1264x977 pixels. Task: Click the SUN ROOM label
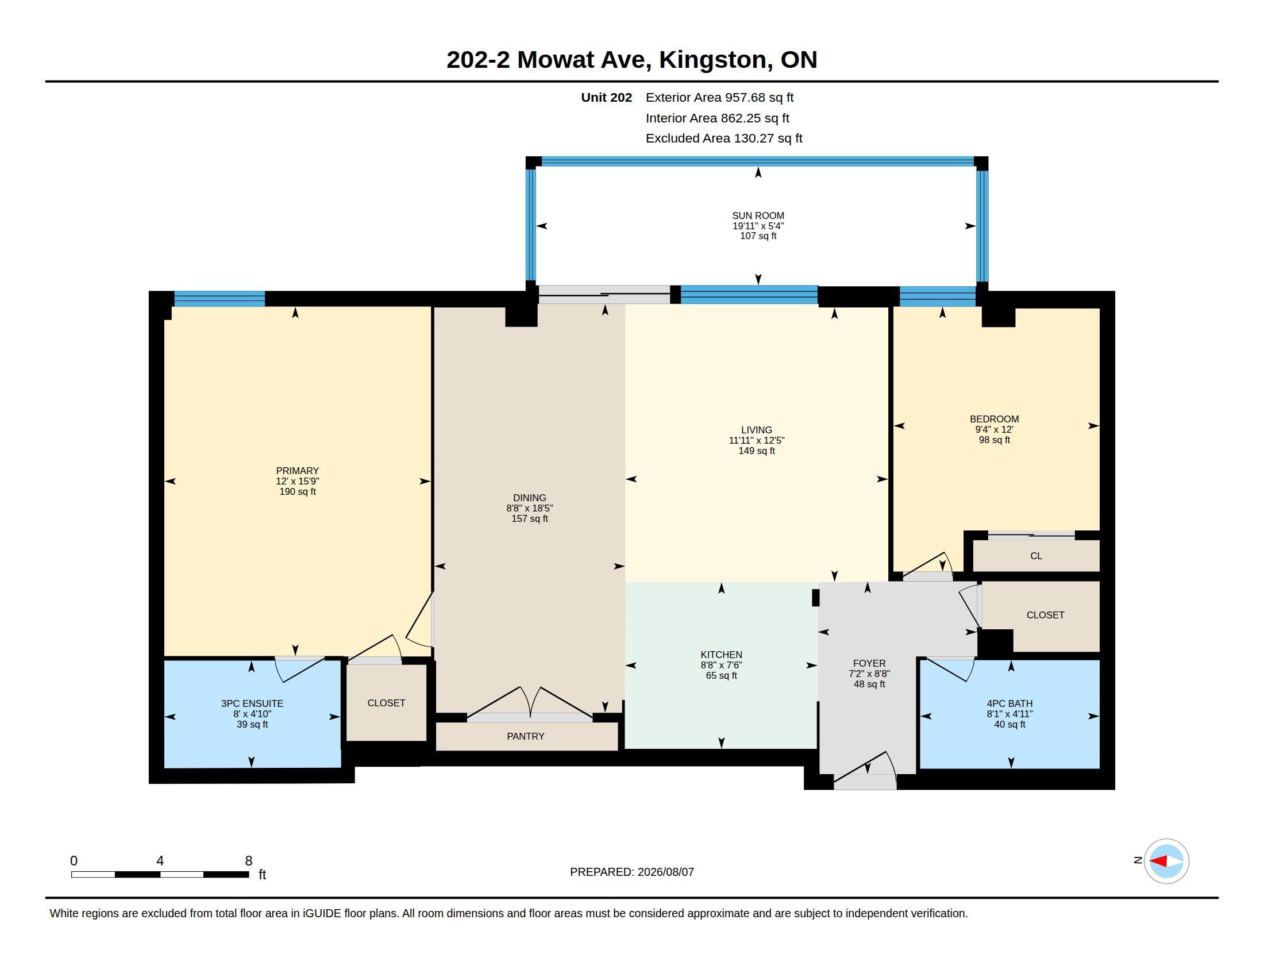click(x=758, y=216)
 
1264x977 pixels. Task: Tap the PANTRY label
click(x=526, y=736)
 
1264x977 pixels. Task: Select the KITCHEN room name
click(x=721, y=655)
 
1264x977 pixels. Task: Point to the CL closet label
click(x=1036, y=556)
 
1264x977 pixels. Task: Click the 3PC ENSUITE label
click(x=252, y=703)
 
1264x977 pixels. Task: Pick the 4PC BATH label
click(x=1010, y=703)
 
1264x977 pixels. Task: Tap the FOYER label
click(x=869, y=663)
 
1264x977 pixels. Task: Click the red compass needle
click(x=1158, y=861)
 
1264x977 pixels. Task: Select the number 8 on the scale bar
click(x=249, y=861)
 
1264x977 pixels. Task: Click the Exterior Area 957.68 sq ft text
click(x=719, y=97)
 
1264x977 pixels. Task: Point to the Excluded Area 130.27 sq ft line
click(x=724, y=139)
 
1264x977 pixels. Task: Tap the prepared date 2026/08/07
click(x=665, y=872)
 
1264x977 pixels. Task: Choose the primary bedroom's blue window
click(x=219, y=299)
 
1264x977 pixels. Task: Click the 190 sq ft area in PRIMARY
click(x=298, y=491)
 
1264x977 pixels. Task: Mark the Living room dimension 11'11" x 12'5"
click(x=757, y=440)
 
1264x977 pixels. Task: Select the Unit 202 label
click(x=607, y=97)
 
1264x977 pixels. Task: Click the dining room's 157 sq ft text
click(x=530, y=518)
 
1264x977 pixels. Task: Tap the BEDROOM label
click(x=995, y=419)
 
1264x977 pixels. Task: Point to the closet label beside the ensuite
click(x=386, y=703)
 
